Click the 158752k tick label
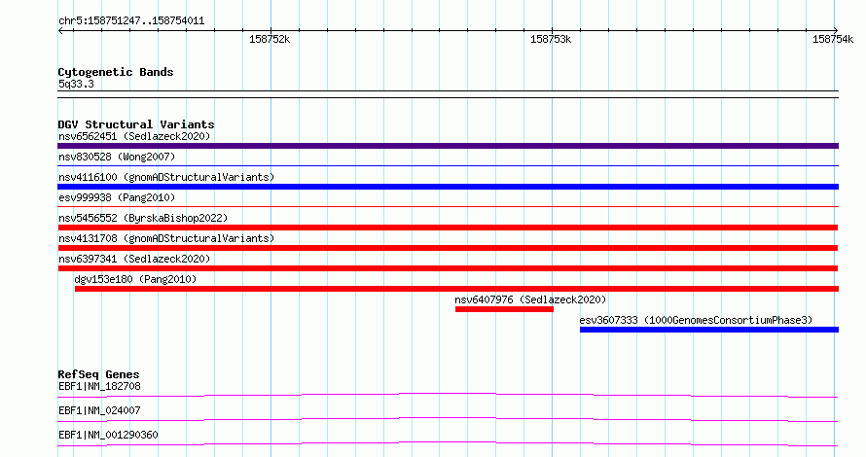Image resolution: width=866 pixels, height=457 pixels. coord(270,39)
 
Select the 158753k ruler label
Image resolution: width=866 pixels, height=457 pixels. coord(551,39)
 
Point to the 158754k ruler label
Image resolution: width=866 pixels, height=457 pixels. coord(833,39)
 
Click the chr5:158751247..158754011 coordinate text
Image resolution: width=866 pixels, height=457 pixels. coord(131,21)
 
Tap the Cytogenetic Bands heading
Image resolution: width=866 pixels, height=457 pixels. coord(116,72)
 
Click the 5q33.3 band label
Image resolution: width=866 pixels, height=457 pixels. coord(76,84)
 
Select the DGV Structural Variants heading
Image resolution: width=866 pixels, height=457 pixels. coord(136,124)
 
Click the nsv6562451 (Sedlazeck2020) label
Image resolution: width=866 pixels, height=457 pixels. coord(134,136)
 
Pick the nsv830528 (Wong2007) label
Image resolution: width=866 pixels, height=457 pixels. coord(117,157)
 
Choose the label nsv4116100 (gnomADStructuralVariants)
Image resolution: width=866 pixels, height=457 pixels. coord(166,177)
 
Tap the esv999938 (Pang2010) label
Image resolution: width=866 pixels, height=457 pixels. coord(117,197)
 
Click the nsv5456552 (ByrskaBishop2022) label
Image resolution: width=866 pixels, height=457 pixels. coord(143,218)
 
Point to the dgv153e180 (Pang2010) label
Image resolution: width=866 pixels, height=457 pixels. coord(135,279)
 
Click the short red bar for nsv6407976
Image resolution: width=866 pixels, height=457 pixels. coord(504,309)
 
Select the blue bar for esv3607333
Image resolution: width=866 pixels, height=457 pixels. coord(709,330)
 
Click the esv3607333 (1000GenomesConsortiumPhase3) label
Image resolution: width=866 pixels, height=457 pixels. coord(696,320)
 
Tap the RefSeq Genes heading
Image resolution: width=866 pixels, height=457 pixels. coord(98,374)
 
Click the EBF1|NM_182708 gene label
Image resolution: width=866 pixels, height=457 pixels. coord(99,386)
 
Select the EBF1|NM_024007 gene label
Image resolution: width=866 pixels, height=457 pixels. coord(99,410)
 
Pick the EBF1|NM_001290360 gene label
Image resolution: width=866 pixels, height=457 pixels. coord(108,435)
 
